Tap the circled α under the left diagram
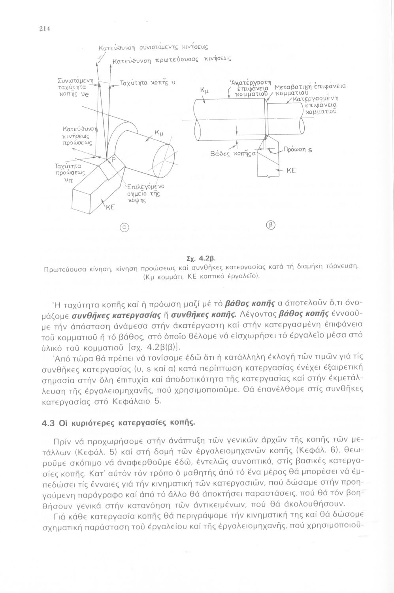(x=123, y=228)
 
